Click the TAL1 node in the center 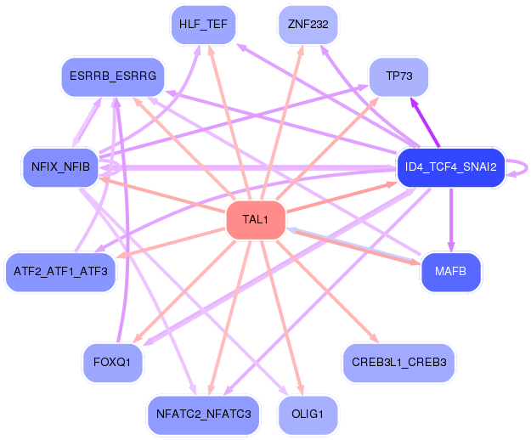(x=256, y=220)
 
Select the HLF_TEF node (x=203, y=25)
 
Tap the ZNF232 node (x=308, y=25)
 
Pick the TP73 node (x=399, y=76)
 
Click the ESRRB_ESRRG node (x=113, y=76)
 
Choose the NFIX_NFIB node (x=60, y=167)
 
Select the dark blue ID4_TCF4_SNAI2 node (x=451, y=167)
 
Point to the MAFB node (x=451, y=272)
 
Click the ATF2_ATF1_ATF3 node (x=60, y=272)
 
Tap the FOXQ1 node (x=112, y=363)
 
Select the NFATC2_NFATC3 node (x=203, y=415)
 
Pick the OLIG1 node (x=308, y=415)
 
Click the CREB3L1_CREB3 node (x=399, y=363)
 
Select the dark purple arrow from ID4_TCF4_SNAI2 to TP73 (x=426, y=122)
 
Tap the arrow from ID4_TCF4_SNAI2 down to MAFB (x=451, y=220)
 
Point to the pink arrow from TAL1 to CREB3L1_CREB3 (x=328, y=291)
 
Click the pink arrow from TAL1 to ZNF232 (x=282, y=122)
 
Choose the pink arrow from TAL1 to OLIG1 (x=282, y=318)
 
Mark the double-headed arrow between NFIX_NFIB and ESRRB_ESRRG (x=87, y=122)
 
